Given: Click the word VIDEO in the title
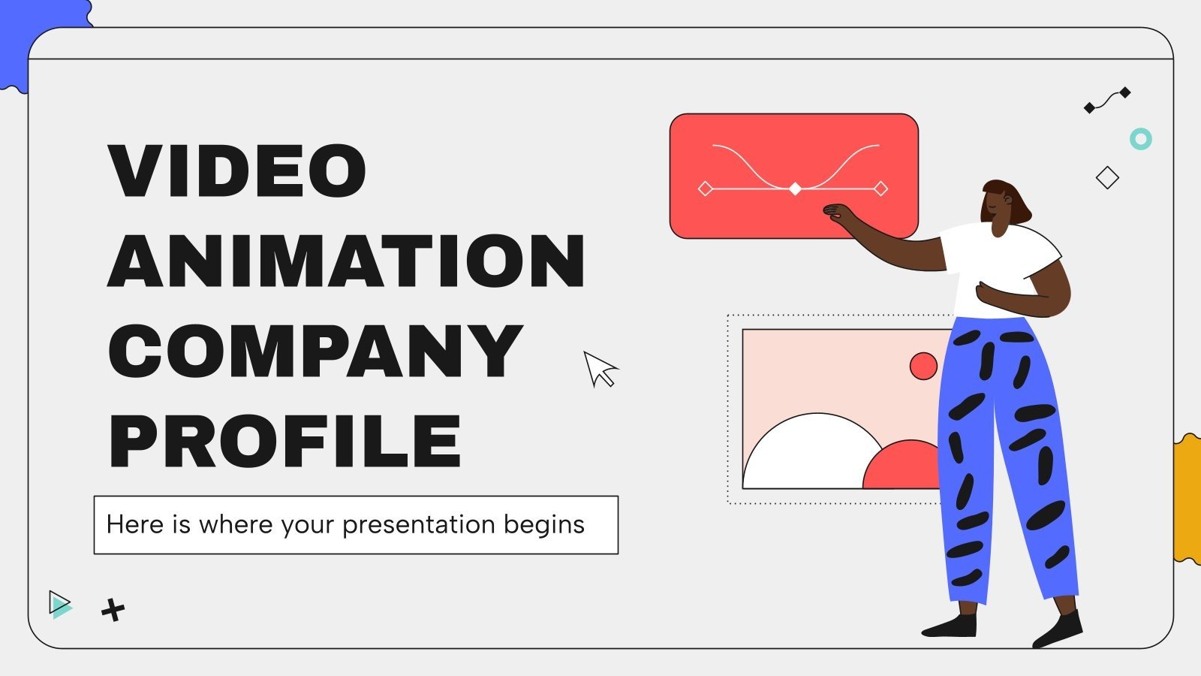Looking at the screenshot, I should coord(237,171).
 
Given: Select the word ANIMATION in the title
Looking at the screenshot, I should coord(346,261).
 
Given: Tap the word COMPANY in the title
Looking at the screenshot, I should coord(315,351).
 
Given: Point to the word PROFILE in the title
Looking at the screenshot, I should coord(285,441).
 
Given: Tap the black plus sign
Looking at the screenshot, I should coord(113,610).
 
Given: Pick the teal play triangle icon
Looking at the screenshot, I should coord(60,605).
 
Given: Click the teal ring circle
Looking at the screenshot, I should coord(1141,139).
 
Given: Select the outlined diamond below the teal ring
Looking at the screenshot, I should coord(1107,178).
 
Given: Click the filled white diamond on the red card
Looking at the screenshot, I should coord(795,189).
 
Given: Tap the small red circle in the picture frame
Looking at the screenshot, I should coord(923,366).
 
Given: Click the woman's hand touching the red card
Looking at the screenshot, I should coord(835,213).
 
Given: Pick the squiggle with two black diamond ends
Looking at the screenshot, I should coord(1107,101).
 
